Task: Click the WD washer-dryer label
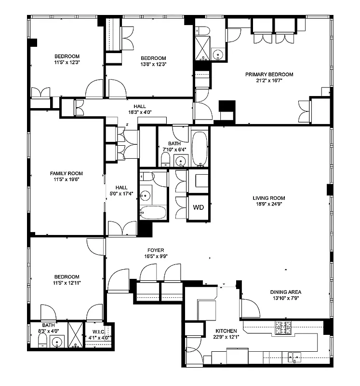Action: [199, 208]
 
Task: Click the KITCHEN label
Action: [226, 331]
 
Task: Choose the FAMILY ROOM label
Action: [67, 174]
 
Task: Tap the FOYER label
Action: [156, 250]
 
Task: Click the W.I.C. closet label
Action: [99, 332]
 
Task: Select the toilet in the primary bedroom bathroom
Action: [203, 31]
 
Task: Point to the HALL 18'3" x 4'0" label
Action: [140, 110]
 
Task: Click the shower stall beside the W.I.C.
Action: [75, 334]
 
